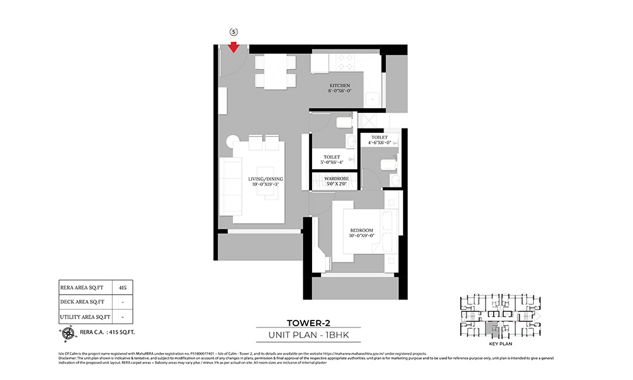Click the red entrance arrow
(234, 47)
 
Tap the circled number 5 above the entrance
(233, 32)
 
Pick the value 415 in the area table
(123, 288)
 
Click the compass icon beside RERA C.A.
(66, 331)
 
